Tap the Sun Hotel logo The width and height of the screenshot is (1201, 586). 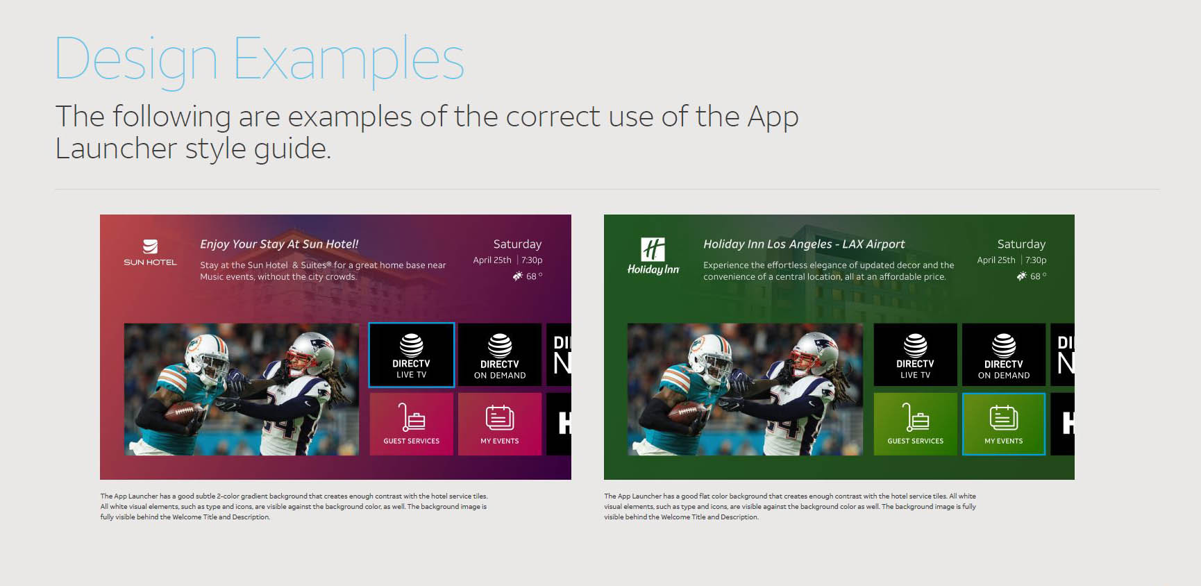(150, 253)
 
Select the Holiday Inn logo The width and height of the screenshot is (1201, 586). (653, 256)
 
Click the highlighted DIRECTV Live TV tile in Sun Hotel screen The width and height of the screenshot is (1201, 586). (412, 355)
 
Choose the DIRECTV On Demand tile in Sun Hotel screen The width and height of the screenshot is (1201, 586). (500, 355)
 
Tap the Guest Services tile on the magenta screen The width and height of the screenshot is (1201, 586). (412, 424)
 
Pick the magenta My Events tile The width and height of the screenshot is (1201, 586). (500, 424)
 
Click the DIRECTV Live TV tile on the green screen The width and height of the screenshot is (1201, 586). (915, 355)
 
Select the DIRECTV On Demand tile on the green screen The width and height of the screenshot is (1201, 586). (1004, 355)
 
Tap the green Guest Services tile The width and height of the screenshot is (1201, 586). (915, 424)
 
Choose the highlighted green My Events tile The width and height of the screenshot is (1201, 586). (1004, 424)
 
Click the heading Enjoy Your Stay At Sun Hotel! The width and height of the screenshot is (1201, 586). (279, 244)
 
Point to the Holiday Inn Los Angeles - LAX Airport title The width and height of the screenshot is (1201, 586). (804, 244)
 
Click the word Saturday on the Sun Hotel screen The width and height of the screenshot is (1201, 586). (517, 244)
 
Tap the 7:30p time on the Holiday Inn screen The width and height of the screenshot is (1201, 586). (1036, 260)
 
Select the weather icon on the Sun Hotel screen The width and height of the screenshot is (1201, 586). (518, 276)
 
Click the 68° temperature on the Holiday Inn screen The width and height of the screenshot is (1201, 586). (1038, 276)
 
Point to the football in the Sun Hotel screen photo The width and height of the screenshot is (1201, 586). (183, 412)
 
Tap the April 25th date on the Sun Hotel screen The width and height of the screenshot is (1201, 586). (492, 260)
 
